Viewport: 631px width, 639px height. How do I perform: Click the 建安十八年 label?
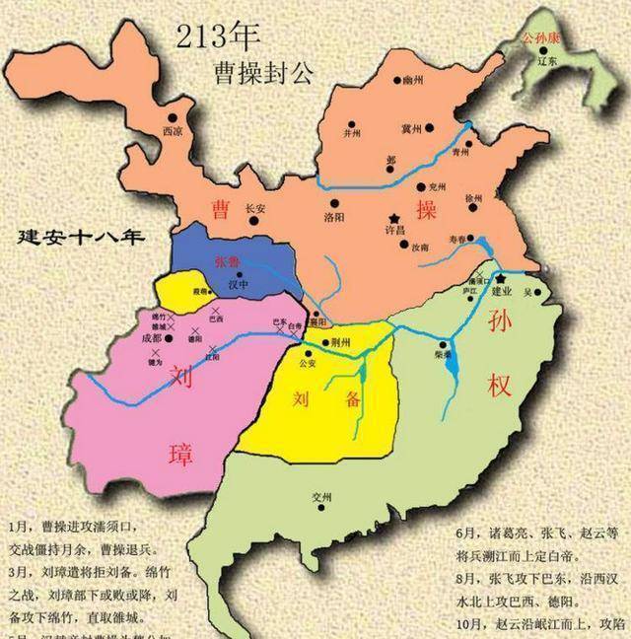click(x=74, y=238)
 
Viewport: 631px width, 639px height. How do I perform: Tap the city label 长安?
click(x=255, y=208)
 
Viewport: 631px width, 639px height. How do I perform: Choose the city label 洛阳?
click(x=335, y=215)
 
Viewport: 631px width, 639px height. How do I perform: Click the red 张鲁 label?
click(x=227, y=263)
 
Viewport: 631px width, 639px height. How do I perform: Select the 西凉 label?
click(x=174, y=130)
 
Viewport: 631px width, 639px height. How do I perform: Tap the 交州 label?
click(x=318, y=496)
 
